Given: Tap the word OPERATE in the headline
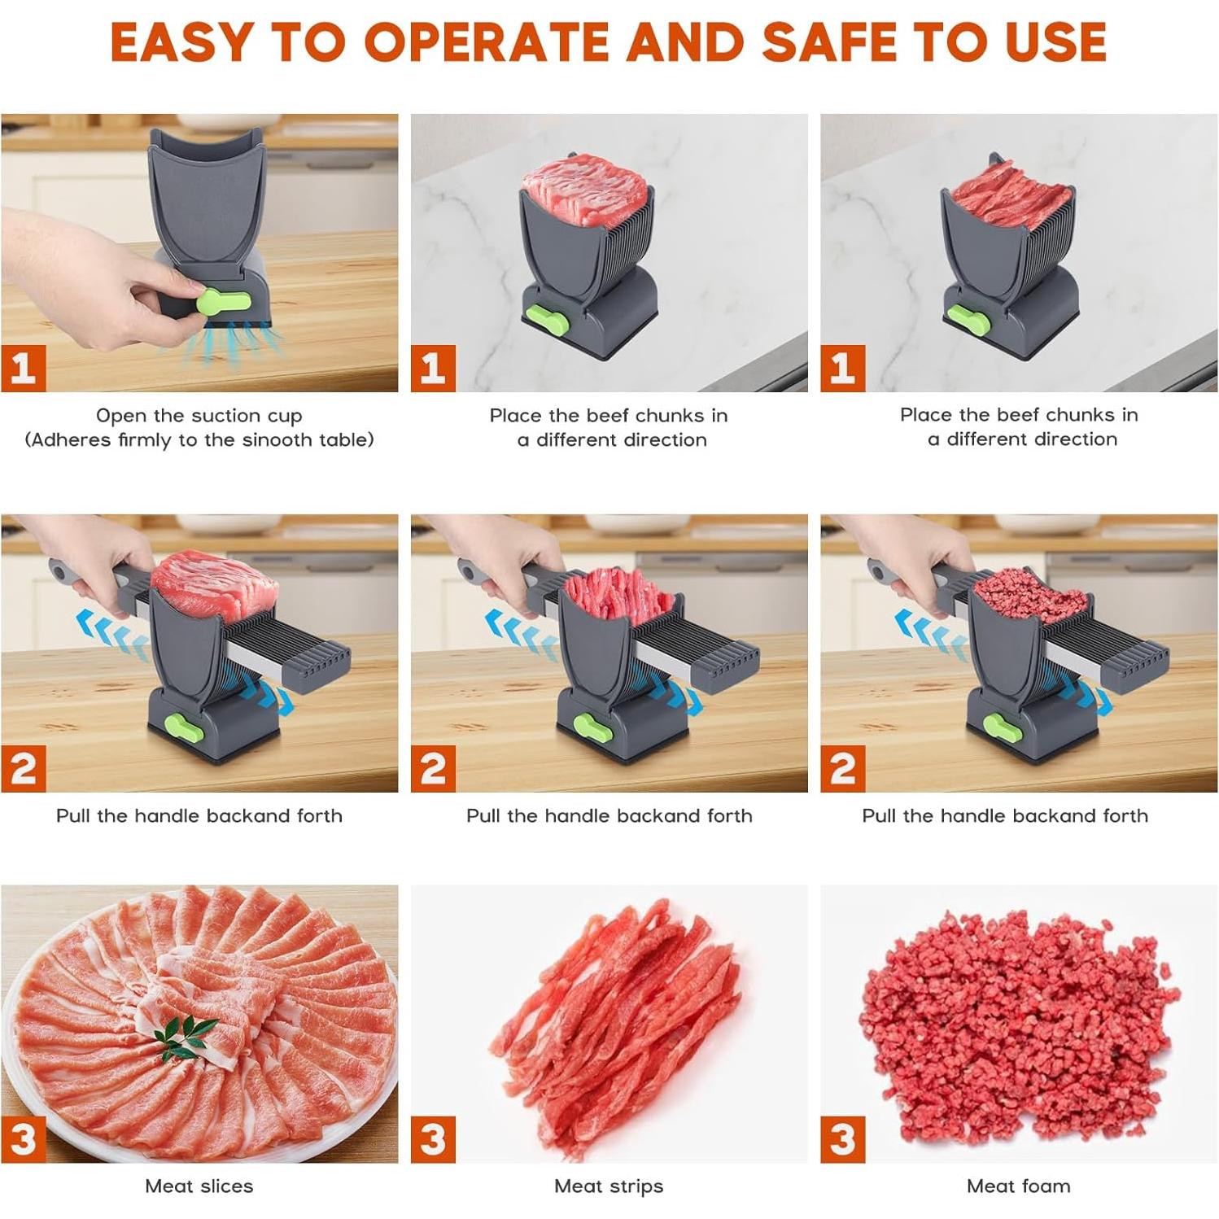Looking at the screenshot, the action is [x=486, y=42].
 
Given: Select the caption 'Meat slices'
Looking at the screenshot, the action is [x=199, y=1186].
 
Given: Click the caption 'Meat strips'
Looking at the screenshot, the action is [x=609, y=1186].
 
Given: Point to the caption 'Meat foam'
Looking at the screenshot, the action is [x=1019, y=1186].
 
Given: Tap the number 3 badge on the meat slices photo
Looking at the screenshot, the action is [x=23, y=1139].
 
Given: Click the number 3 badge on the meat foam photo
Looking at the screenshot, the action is [x=843, y=1139].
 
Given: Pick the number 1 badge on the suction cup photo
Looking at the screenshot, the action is [x=23, y=369].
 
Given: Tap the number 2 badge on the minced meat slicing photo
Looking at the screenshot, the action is [x=843, y=769].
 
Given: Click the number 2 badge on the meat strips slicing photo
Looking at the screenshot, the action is [x=433, y=769].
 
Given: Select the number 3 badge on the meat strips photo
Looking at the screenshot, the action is [x=433, y=1139].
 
